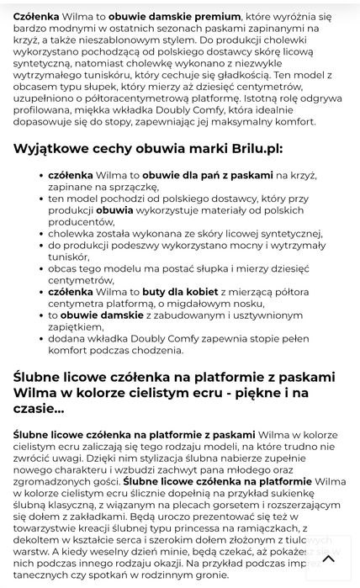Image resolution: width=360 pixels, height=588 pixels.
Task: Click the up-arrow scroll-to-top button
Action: tap(328, 558)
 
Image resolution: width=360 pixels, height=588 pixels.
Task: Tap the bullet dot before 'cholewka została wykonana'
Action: tap(41, 233)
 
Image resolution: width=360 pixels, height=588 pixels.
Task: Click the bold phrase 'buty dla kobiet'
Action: tap(178, 291)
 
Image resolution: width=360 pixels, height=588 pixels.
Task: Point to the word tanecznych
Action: tap(43, 575)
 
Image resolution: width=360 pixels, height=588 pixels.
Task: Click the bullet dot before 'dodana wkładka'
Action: tap(41, 338)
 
